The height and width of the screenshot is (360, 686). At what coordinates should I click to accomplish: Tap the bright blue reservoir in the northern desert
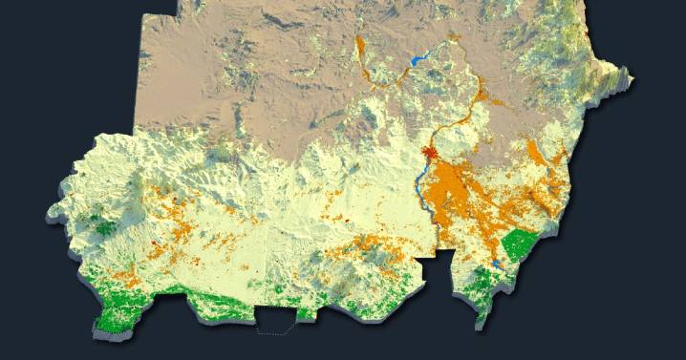click(417, 61)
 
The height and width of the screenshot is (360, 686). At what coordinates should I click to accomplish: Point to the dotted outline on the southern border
click(277, 328)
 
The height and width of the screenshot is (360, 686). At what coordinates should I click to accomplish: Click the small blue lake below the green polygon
click(498, 265)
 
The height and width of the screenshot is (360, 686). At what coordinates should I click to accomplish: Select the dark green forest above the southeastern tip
click(487, 282)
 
